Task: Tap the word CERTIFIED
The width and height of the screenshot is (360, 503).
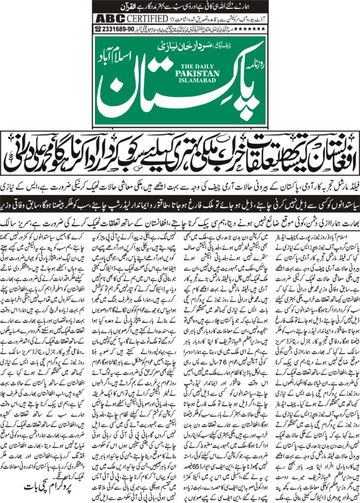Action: (x=144, y=19)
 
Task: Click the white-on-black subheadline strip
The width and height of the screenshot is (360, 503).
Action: (x=180, y=199)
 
